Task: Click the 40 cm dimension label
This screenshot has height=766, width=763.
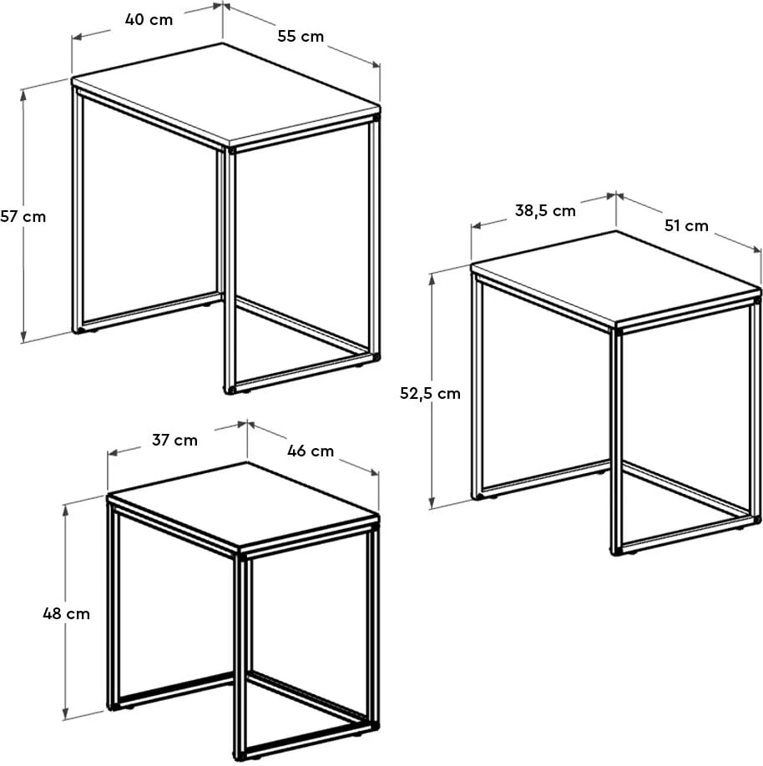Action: click(149, 19)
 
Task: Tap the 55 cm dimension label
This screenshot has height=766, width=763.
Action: click(301, 36)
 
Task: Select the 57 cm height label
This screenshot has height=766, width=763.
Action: click(23, 216)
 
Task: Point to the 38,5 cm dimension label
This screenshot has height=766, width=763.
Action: click(545, 210)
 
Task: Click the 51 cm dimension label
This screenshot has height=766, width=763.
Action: click(686, 225)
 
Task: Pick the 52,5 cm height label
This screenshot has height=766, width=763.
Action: click(430, 393)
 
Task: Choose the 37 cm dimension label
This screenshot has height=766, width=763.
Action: click(174, 440)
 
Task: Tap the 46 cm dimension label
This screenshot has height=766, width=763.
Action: click(311, 451)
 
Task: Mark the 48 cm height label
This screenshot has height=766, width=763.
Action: click(66, 613)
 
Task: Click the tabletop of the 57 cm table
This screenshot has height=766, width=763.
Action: click(226, 94)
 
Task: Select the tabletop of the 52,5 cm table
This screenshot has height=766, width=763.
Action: click(616, 279)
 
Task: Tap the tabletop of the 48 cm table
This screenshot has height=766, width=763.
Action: click(243, 506)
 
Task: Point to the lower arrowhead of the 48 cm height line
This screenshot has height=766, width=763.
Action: click(65, 714)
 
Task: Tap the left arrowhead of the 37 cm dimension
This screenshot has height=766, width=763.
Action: click(113, 453)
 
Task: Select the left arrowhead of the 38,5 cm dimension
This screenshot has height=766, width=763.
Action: click(477, 225)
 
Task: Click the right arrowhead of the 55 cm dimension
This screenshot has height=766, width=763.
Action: click(375, 64)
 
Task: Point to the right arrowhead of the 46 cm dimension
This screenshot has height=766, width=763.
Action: click(373, 472)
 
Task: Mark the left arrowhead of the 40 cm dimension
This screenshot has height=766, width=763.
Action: click(78, 37)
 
